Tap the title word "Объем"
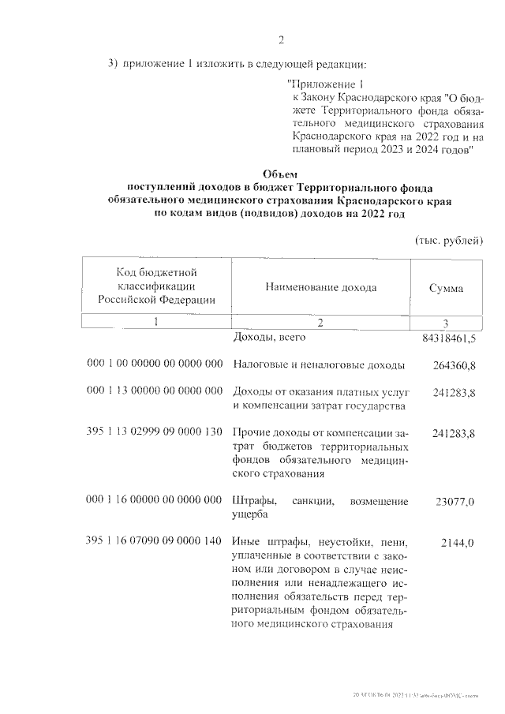tap(282, 174)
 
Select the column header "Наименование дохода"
tap(320, 287)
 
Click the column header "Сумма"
tap(446, 288)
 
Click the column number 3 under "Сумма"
tap(446, 323)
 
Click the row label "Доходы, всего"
tap(269, 338)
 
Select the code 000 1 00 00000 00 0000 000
tap(155, 364)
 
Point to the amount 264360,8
tap(454, 365)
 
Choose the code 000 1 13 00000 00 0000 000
tap(155, 391)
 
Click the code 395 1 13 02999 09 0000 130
tap(155, 433)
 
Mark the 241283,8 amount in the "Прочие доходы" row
tap(454, 433)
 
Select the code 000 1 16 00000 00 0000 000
tap(155, 501)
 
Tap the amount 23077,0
tap(456, 501)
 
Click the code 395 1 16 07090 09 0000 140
tap(155, 543)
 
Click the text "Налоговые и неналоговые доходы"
tap(319, 365)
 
